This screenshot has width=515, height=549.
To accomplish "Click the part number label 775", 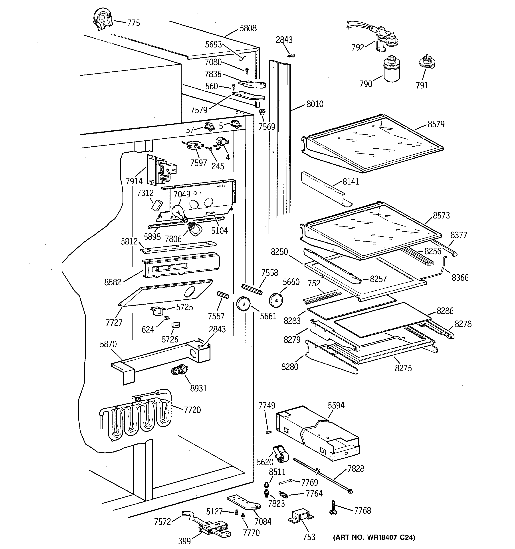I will (x=133, y=23).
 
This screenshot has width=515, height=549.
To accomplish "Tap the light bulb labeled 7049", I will (x=178, y=213).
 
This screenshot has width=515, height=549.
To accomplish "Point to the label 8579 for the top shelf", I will (x=436, y=124).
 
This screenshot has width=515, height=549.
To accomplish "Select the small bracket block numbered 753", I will (x=300, y=516).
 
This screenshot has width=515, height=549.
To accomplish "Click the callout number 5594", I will (x=336, y=406).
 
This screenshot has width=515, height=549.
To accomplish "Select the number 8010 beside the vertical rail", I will (x=315, y=104).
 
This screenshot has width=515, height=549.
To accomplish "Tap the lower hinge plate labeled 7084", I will (x=244, y=503).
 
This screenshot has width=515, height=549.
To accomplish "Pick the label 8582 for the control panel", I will (x=113, y=282).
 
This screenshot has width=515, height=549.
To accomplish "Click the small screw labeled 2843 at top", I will (x=291, y=55).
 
